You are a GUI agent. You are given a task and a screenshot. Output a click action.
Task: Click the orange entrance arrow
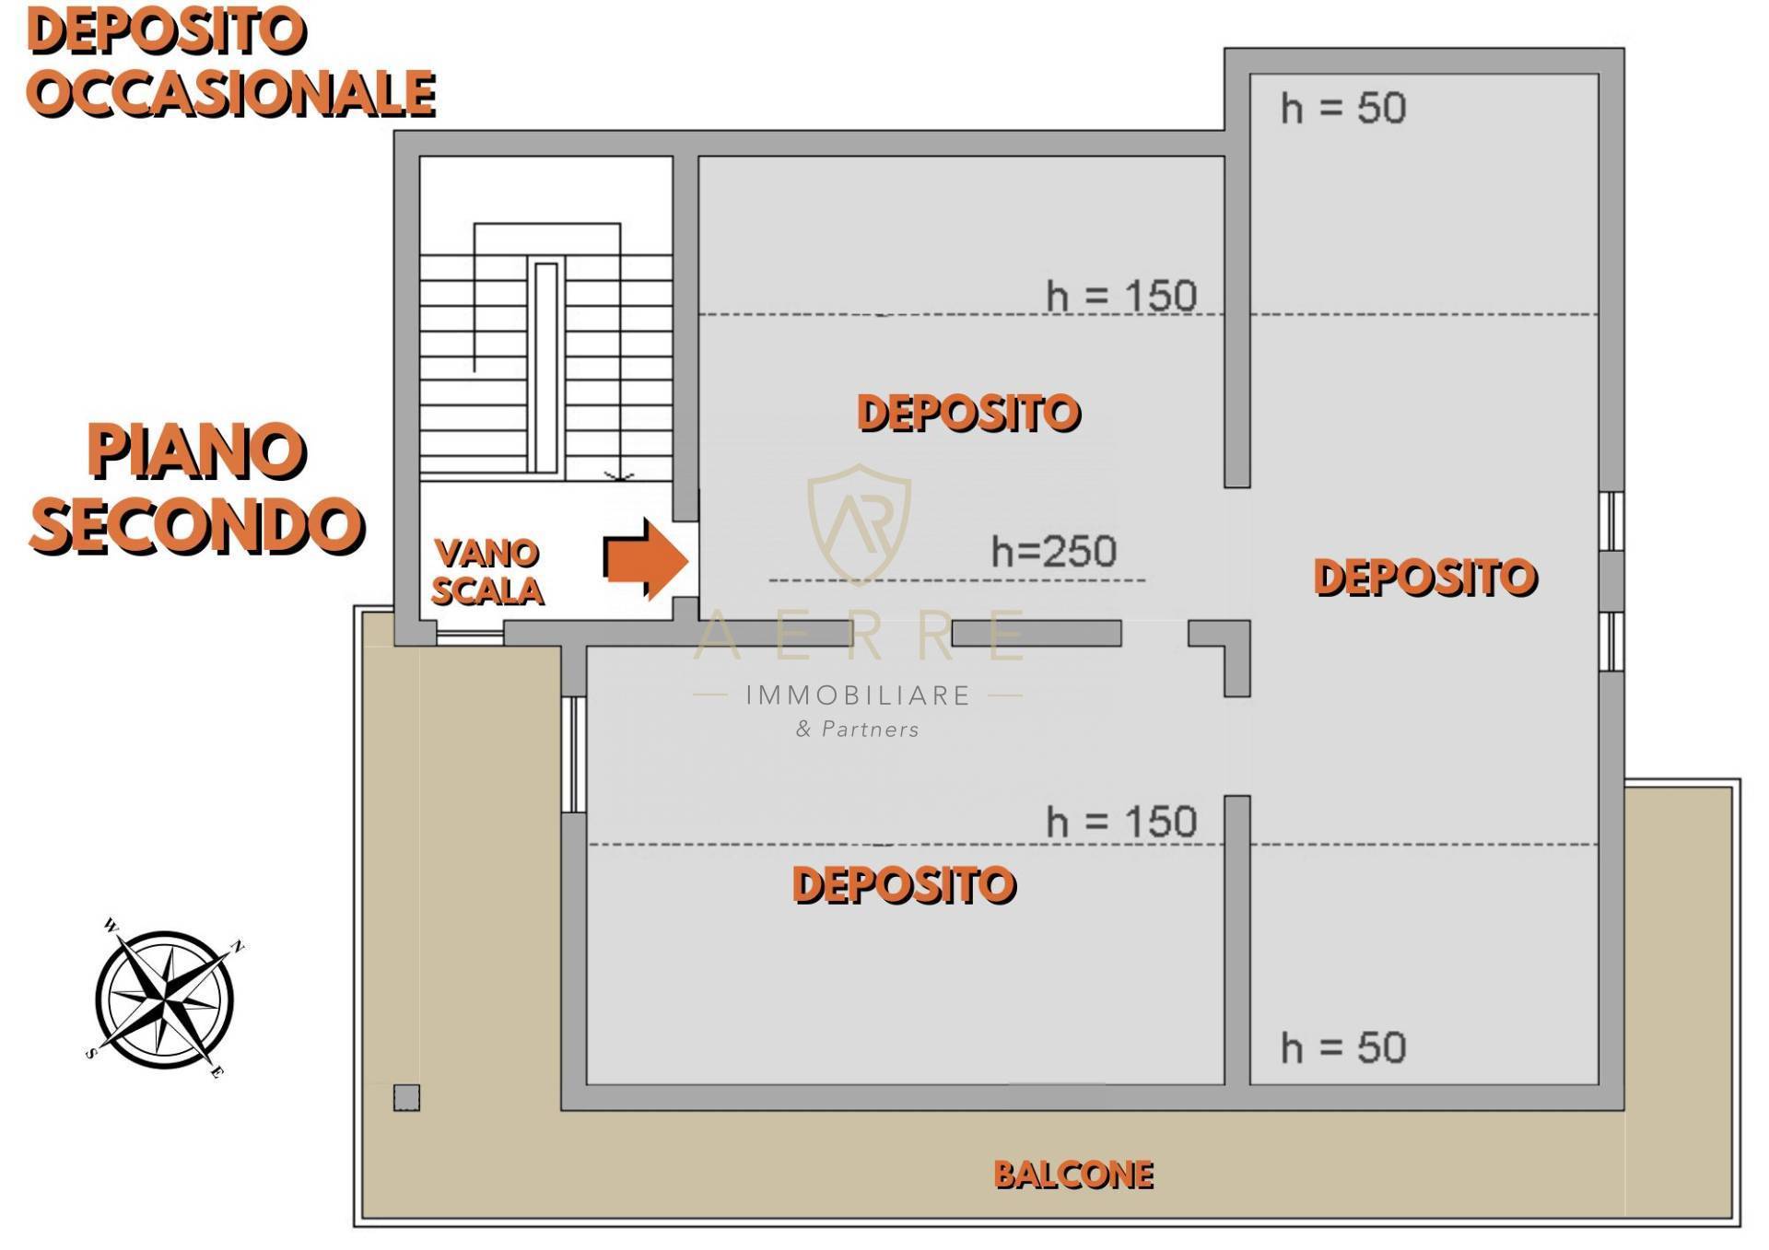tap(646, 559)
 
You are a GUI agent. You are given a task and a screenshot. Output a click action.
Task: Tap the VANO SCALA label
tap(486, 572)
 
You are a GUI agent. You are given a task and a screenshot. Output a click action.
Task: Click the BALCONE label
tap(1073, 1174)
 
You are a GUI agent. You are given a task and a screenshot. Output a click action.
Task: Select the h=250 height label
tap(1053, 551)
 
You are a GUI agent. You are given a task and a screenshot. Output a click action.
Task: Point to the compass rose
tap(165, 999)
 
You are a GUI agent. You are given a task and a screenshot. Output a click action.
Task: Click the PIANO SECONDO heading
tap(196, 488)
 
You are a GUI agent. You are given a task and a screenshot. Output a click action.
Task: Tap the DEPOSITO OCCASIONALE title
tap(230, 63)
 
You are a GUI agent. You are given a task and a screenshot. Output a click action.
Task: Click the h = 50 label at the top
tap(1343, 109)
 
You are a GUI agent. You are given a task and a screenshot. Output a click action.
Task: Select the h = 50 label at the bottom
tap(1343, 1048)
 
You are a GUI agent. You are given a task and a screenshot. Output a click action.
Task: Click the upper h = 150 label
tap(1121, 296)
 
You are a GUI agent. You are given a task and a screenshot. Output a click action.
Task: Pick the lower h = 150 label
tap(1121, 822)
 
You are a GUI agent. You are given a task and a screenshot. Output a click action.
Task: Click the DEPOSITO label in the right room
tap(1425, 578)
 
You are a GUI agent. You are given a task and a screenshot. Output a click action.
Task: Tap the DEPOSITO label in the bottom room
tap(904, 884)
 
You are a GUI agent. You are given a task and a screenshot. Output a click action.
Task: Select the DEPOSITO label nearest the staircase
tap(968, 413)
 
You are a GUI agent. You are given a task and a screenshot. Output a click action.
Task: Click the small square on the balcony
tap(406, 1097)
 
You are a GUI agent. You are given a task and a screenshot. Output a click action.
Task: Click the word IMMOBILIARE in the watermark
tap(858, 695)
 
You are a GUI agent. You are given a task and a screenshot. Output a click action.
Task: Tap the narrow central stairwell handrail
tap(546, 368)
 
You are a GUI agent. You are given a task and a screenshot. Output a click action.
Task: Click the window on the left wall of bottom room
tap(573, 754)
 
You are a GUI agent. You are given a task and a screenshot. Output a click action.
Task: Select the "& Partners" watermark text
tap(858, 730)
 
